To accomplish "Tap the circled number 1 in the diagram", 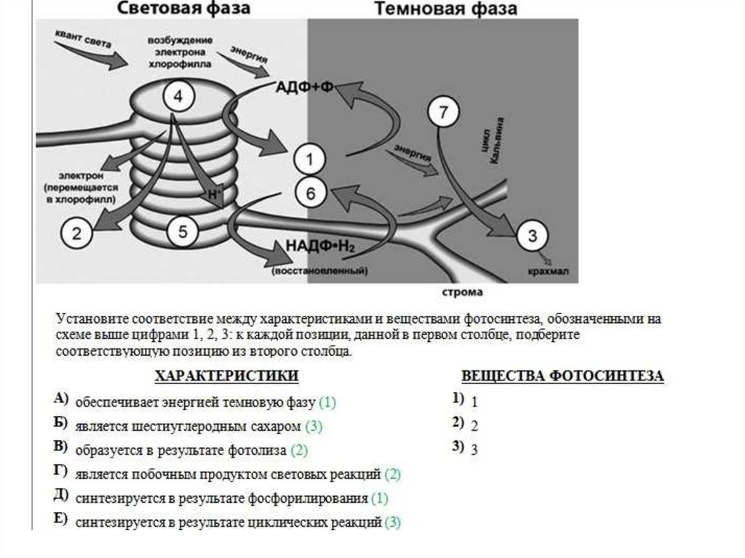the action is (309, 159).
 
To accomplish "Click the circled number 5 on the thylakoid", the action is (182, 232).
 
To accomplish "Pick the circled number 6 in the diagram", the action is (310, 194).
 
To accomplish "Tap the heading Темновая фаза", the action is (445, 9).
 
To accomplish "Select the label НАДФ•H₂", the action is (319, 245).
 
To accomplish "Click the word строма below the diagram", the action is (463, 292).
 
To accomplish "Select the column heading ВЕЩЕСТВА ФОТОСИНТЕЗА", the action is (562, 375).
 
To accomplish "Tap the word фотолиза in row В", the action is (260, 451).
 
